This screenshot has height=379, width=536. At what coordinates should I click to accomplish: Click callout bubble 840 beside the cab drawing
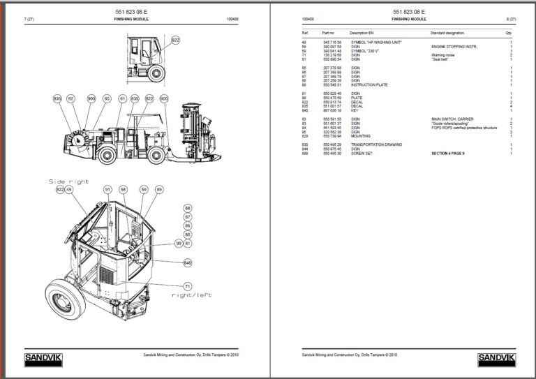(x=187, y=262)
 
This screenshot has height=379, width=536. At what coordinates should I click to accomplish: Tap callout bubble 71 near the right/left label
(x=187, y=286)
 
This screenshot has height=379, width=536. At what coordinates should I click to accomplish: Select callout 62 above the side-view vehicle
(x=71, y=99)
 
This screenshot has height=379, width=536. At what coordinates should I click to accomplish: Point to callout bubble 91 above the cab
(x=107, y=189)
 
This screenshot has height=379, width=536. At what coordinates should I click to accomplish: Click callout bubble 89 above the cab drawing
(x=159, y=189)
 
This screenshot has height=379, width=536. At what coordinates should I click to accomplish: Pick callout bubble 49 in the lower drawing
(x=69, y=189)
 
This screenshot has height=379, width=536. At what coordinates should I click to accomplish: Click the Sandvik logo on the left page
(x=43, y=359)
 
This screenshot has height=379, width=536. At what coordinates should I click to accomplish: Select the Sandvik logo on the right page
(x=497, y=359)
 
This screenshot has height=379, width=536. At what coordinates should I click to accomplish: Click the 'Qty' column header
(x=508, y=33)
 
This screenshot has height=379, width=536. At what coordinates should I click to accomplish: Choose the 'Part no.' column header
(x=329, y=33)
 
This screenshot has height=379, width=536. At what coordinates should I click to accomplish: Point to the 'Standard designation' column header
(x=452, y=33)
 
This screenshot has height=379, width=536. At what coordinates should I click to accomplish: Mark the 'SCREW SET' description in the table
(x=361, y=153)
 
